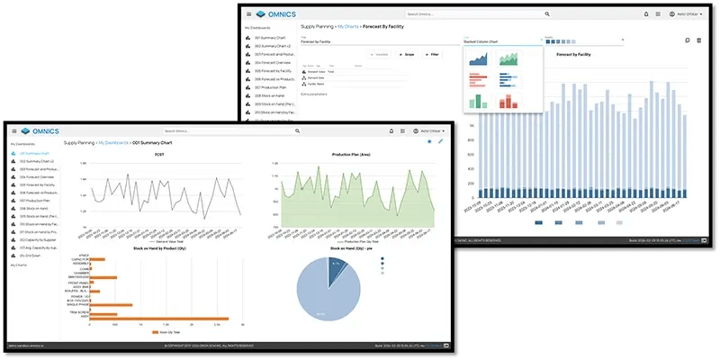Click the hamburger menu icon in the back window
[x=248, y=14]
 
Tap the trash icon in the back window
[x=699, y=40]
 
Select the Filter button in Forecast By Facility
[x=432, y=55]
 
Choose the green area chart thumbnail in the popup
[x=510, y=58]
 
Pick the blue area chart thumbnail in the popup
[x=481, y=58]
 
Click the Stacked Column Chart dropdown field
[x=499, y=41]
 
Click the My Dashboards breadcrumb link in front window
[x=113, y=143]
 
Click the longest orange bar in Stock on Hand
[x=158, y=319]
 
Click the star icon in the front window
[x=428, y=142]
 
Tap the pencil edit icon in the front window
[x=440, y=142]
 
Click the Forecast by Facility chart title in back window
[x=573, y=55]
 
